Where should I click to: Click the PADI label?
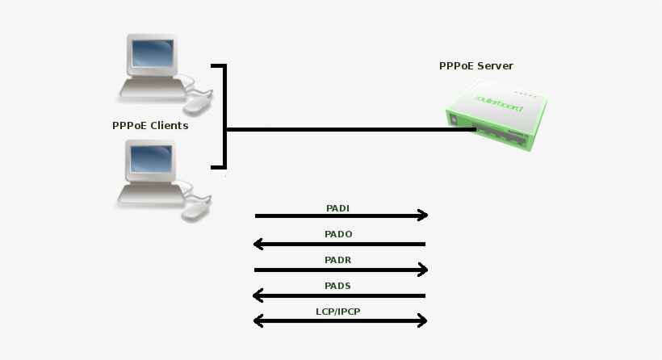tap(337, 208)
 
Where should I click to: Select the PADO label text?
tap(338, 234)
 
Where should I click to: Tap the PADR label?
tap(338, 260)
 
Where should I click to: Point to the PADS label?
tap(337, 286)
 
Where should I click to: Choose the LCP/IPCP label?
tap(337, 311)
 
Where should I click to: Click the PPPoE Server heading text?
tap(476, 66)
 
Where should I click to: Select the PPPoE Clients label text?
tap(150, 126)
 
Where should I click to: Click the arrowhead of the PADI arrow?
tap(422, 216)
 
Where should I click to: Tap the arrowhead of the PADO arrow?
tap(258, 244)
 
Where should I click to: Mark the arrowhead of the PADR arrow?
tap(422, 270)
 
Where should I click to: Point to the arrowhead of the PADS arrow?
tap(258, 295)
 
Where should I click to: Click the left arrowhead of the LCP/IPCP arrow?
tap(258, 321)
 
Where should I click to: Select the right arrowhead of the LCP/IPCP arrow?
tap(422, 321)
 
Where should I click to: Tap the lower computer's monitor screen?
tap(150, 160)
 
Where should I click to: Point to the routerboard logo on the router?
tap(499, 104)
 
